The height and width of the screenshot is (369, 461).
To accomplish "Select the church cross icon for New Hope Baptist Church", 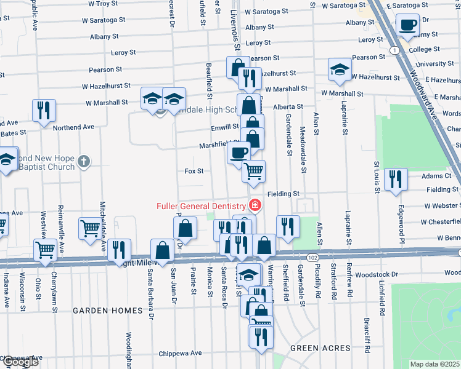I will pyautogui.click(x=85, y=162).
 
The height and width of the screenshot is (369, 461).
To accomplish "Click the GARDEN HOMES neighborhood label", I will pyautogui.click(x=108, y=311).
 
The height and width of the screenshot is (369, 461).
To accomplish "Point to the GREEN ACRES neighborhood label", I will pyautogui.click(x=320, y=348).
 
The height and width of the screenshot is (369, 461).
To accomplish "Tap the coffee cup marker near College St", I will pyautogui.click(x=407, y=25).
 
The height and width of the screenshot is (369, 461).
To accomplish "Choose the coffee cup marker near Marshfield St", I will pyautogui.click(x=239, y=152).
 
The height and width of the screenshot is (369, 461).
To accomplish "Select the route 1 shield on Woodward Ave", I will pyautogui.click(x=394, y=49).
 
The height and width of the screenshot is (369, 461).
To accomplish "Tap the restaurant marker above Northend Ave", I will pyautogui.click(x=44, y=111).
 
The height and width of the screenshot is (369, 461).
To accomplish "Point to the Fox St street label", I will pyautogui.click(x=194, y=171).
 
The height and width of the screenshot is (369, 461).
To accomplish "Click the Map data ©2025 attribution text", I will pyautogui.click(x=434, y=364).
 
